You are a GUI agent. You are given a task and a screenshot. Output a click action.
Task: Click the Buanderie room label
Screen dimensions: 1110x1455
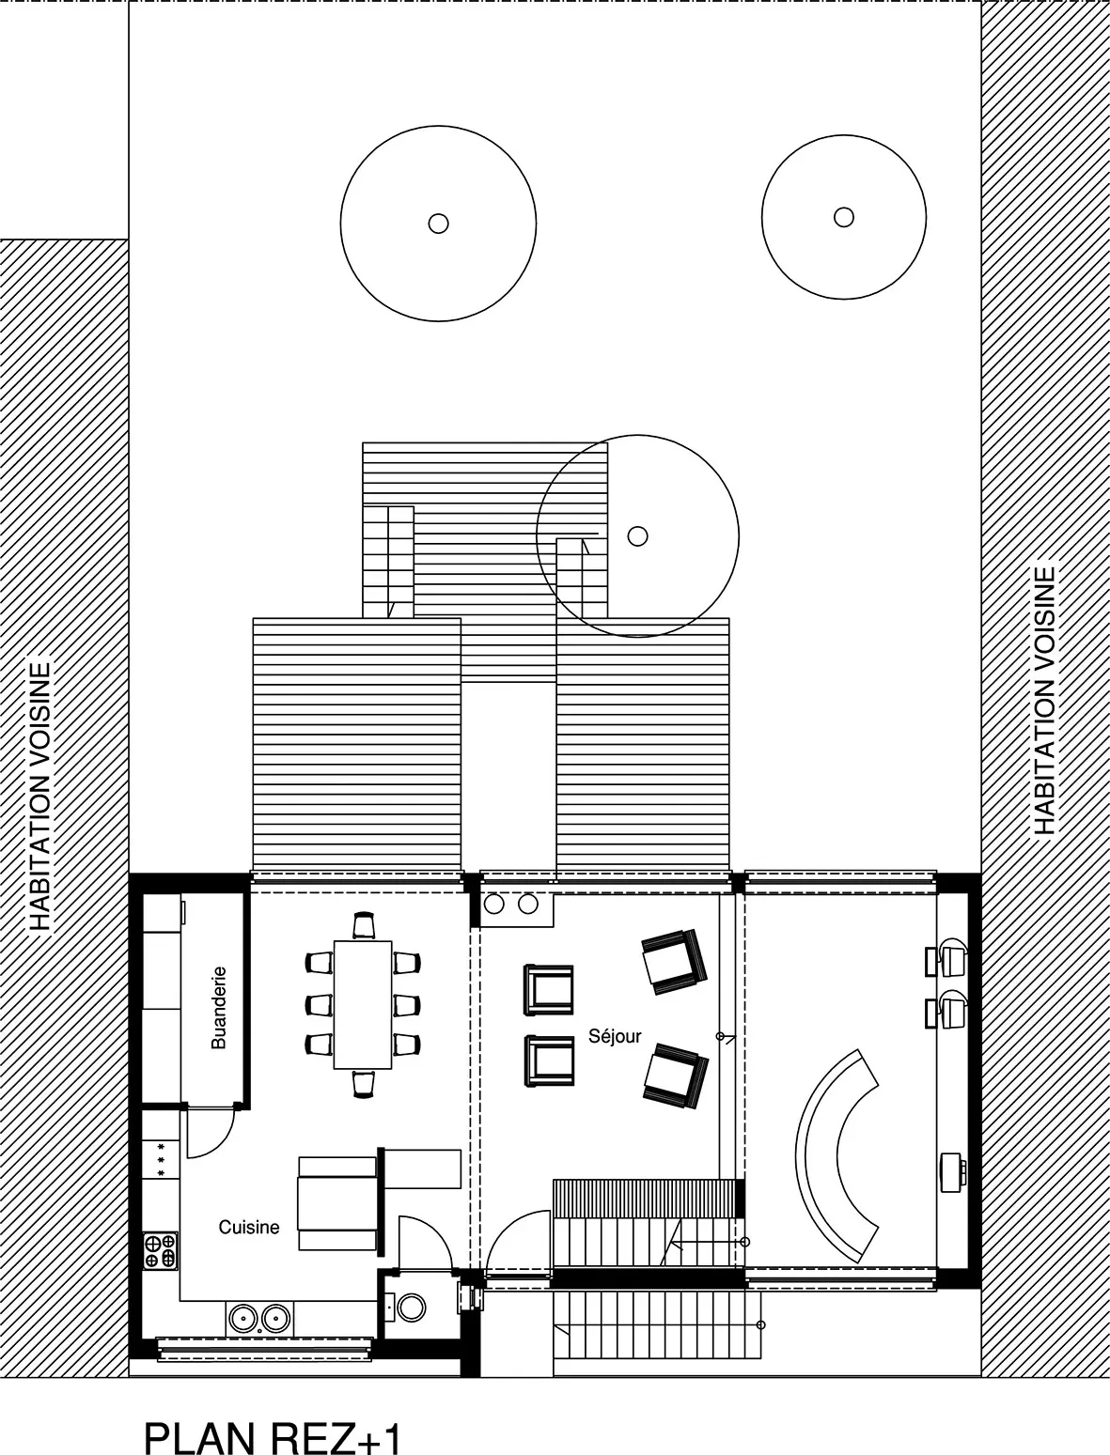[219, 1008]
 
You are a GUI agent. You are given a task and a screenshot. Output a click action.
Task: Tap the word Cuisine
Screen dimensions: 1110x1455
[249, 1227]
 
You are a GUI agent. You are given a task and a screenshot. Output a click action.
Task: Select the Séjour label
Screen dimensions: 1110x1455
[615, 1037]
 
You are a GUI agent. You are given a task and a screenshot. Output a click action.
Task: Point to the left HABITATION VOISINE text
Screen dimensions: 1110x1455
[40, 797]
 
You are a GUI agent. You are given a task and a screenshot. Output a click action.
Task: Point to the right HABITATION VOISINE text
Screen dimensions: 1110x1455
[1043, 700]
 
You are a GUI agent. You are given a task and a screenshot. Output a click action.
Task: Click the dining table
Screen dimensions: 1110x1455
[363, 1004]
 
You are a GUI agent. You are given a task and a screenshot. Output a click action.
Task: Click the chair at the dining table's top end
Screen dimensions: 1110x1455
[364, 925]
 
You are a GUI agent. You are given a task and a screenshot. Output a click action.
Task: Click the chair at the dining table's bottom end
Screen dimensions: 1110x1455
[364, 1083]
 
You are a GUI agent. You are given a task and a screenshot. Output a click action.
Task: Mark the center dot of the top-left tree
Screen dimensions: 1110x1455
[438, 224]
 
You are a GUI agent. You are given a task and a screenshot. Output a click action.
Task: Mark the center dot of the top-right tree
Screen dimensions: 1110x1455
[843, 217]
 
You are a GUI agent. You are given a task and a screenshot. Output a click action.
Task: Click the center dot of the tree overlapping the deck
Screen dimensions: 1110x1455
[637, 535]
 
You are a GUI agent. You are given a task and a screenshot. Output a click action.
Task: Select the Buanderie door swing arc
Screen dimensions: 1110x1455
[219, 1141]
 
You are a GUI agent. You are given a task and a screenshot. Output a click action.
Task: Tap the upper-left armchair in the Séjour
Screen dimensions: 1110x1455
[548, 990]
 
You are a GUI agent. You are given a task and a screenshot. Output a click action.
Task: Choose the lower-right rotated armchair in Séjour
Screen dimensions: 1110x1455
[675, 1077]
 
